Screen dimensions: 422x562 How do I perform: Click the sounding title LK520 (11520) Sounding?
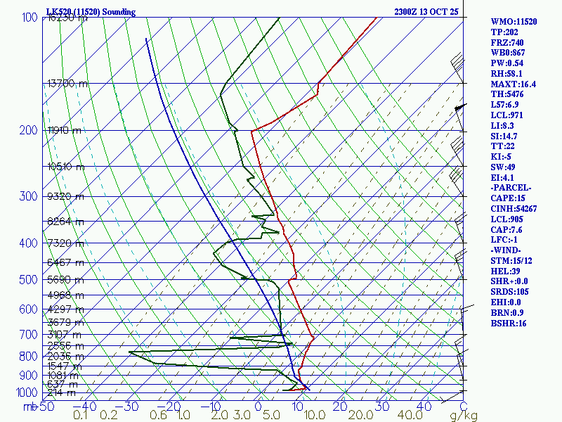(x=91, y=12)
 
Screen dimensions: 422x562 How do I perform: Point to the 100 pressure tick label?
(x=30, y=18)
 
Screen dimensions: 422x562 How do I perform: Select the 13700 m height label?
(x=67, y=83)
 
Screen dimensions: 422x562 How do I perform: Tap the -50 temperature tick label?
(x=45, y=407)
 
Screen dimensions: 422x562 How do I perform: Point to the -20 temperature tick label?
(x=171, y=407)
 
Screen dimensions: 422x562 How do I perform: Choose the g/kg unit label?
(x=464, y=416)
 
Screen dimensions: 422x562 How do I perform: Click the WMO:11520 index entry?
(x=514, y=22)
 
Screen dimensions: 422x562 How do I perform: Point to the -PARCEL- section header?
(x=511, y=188)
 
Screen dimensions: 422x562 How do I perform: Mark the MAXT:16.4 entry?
(x=513, y=84)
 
